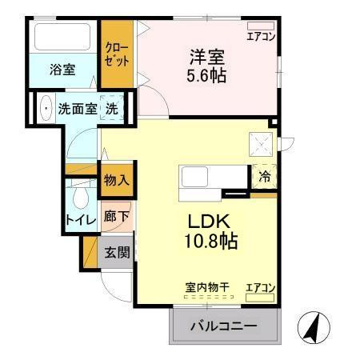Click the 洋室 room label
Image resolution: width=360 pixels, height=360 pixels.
point(206,58)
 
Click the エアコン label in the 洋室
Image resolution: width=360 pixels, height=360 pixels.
point(261,36)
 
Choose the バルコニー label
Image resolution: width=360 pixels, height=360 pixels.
point(223,326)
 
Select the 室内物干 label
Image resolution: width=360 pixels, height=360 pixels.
point(207,286)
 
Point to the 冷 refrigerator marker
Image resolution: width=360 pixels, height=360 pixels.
point(263,178)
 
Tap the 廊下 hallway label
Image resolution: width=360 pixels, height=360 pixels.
point(116,216)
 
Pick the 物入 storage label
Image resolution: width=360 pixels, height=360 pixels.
point(117,180)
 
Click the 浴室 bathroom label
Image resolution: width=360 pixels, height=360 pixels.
point(62,69)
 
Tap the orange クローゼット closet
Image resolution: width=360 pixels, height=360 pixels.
point(117,54)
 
